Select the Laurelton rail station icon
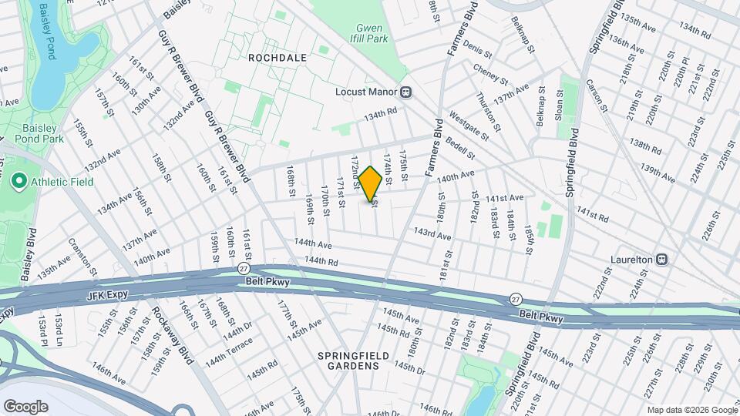(662, 260)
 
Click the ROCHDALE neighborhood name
(277, 58)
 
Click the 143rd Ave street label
(432, 232)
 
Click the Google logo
(25, 406)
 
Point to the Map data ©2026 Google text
(691, 410)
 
